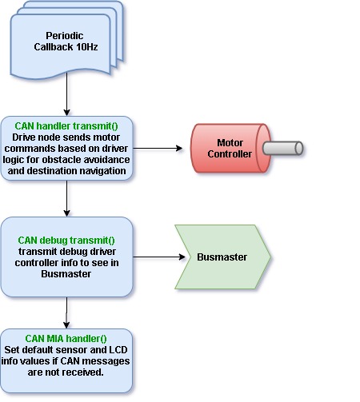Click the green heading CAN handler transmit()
(66, 126)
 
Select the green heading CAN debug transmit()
(66, 241)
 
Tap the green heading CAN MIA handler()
(66, 339)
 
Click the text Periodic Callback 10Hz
(66, 42)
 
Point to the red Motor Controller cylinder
(230, 148)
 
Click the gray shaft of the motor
(282, 148)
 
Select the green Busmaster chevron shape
(223, 257)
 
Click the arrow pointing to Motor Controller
(158, 148)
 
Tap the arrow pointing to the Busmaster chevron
(159, 257)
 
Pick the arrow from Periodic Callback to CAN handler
(66, 94)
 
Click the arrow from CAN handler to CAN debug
(66, 198)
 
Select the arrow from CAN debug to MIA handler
(66, 312)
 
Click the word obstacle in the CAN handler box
(62, 160)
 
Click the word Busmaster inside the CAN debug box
(66, 274)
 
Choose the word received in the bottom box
(86, 372)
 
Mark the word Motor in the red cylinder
(230, 143)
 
